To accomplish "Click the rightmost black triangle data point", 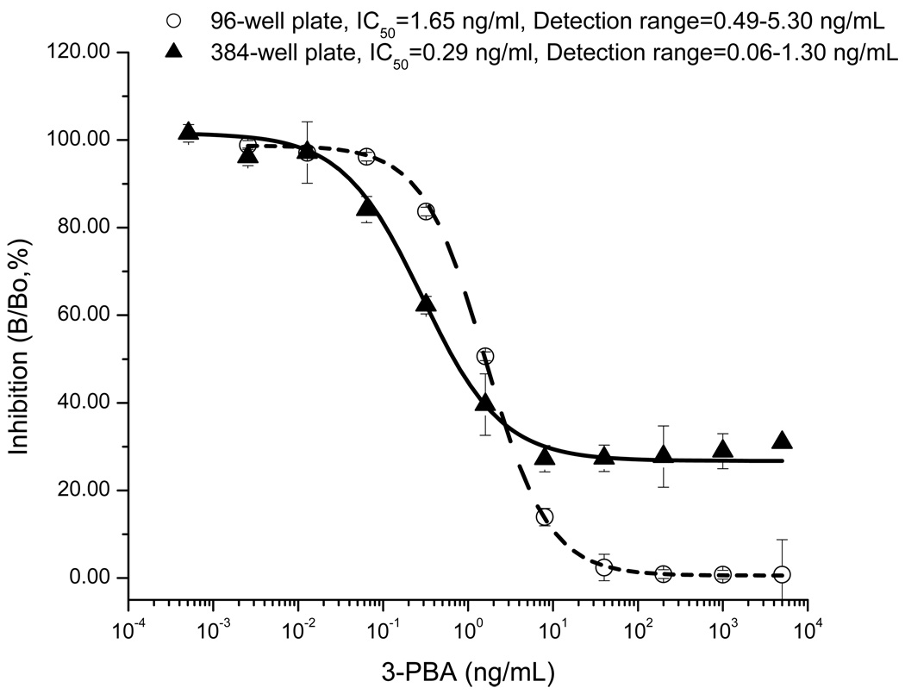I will point(782,441).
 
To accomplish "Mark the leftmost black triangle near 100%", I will point(189,131).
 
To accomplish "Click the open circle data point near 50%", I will point(485,356).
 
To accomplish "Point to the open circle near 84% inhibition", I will point(426,212).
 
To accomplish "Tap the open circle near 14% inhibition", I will point(545,517).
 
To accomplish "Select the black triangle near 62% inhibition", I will point(426,303).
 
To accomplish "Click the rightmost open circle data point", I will point(782,575).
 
